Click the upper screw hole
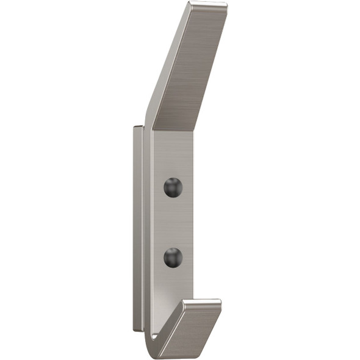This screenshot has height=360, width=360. [x=173, y=187]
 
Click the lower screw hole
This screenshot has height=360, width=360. [x=173, y=257]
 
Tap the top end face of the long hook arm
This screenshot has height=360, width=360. [x=207, y=6]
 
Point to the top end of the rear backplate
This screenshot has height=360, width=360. [x=139, y=128]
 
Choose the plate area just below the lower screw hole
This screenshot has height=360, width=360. [x=172, y=284]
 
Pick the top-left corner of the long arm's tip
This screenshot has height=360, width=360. [x=190, y=4]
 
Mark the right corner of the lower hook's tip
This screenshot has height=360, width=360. [x=221, y=303]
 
